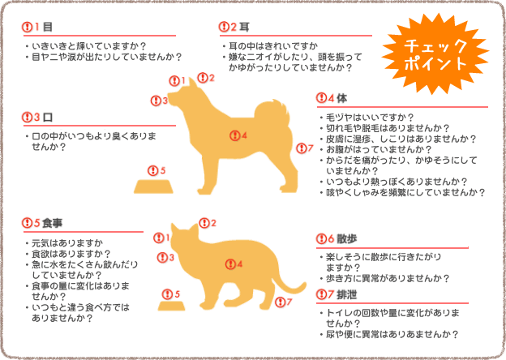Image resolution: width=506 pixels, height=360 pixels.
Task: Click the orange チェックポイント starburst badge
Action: [436, 54]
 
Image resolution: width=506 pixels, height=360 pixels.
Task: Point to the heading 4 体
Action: [337, 98]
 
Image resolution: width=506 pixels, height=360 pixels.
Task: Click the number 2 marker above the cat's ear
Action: [207, 222]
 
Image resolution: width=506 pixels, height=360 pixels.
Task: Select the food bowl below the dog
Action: [154, 186]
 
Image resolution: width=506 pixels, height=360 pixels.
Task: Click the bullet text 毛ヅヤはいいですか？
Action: [369, 118]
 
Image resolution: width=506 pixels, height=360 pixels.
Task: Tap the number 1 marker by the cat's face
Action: [161, 238]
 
